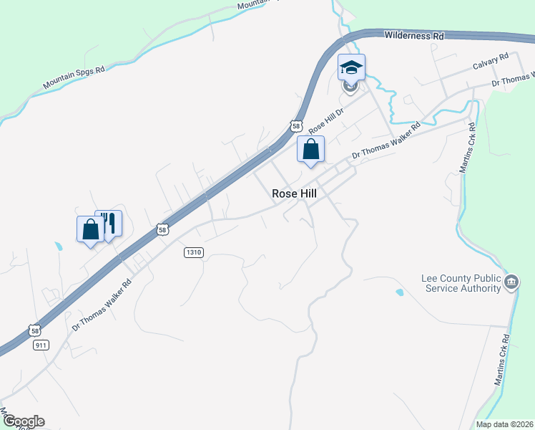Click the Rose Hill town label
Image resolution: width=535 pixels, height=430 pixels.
[x=294, y=193]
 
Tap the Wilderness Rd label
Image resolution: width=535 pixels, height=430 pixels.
[x=413, y=35]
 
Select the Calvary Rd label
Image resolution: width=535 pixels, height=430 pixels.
[x=490, y=66]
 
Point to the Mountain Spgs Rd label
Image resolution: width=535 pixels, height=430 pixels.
[x=74, y=79]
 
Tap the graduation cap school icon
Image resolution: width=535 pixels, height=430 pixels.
[x=351, y=67]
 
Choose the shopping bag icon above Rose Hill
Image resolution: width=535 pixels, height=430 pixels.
[x=310, y=149]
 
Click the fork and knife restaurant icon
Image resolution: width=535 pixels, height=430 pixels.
[x=109, y=223]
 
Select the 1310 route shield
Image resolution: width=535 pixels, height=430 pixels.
[x=194, y=252]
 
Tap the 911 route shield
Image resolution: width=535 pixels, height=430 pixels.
[x=40, y=345]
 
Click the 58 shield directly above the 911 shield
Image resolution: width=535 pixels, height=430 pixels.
[x=34, y=330]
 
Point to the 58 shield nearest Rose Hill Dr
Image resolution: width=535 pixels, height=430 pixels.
[x=296, y=126]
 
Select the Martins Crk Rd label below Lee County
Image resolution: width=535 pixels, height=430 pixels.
[x=502, y=360]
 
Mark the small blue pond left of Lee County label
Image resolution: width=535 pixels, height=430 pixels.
[x=398, y=292]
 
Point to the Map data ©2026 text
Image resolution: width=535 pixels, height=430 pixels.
[x=504, y=424]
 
